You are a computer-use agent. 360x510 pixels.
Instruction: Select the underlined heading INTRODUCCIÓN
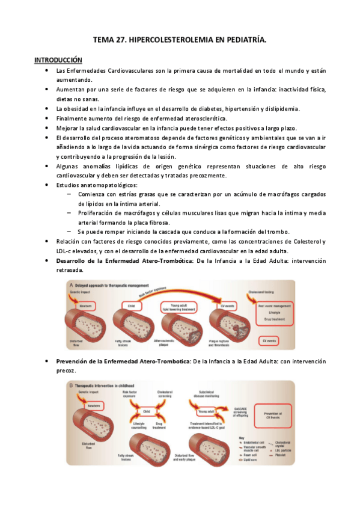[58, 60]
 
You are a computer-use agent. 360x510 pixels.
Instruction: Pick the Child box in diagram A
[130, 305]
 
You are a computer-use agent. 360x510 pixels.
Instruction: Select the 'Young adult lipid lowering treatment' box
[179, 307]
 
